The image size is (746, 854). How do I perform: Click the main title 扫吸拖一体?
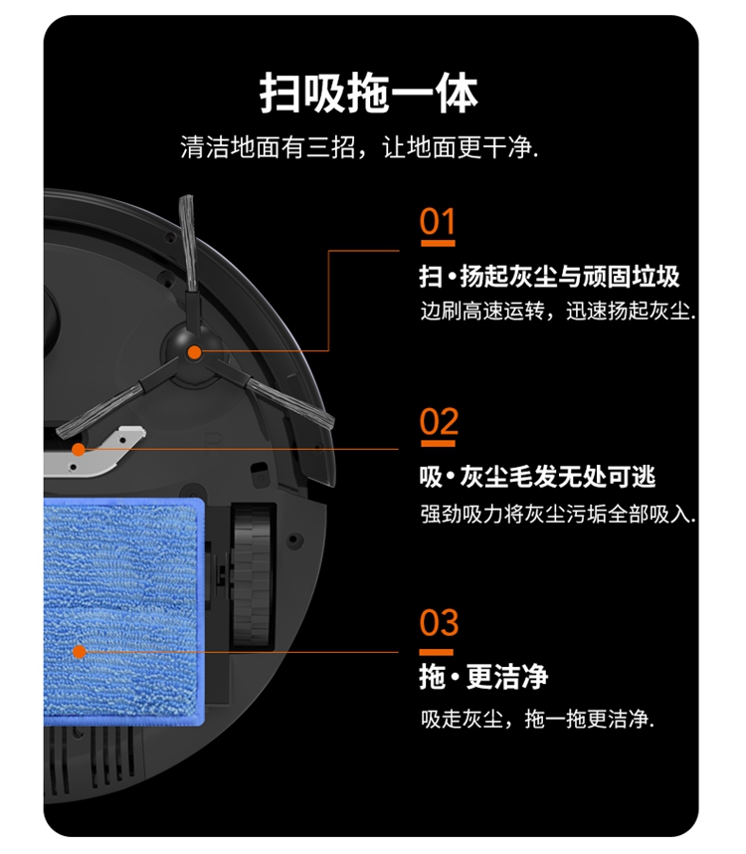pyautogui.click(x=368, y=94)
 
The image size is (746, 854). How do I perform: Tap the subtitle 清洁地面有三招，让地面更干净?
pyautogui.click(x=360, y=147)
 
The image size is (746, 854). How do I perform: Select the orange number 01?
pyautogui.click(x=438, y=221)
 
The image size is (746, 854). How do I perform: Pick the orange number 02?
pyautogui.click(x=439, y=422)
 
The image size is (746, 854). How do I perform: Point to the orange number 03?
pyautogui.click(x=439, y=622)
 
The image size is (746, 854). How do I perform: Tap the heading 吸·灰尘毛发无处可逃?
pyautogui.click(x=537, y=477)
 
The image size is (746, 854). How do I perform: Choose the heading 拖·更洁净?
pyautogui.click(x=483, y=677)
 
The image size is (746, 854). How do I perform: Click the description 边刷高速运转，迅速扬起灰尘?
pyautogui.click(x=558, y=311)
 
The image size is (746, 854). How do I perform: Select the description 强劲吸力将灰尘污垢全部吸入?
pyautogui.click(x=558, y=514)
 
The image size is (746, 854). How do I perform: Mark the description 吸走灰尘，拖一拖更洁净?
pyautogui.click(x=537, y=719)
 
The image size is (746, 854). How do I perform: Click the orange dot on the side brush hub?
pyautogui.click(x=194, y=351)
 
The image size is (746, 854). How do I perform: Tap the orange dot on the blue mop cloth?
pyautogui.click(x=80, y=651)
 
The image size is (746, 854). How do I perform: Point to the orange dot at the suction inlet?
pyautogui.click(x=79, y=449)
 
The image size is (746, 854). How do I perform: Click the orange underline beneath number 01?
pyautogui.click(x=438, y=243)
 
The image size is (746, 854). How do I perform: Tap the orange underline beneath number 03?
pyautogui.click(x=436, y=652)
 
